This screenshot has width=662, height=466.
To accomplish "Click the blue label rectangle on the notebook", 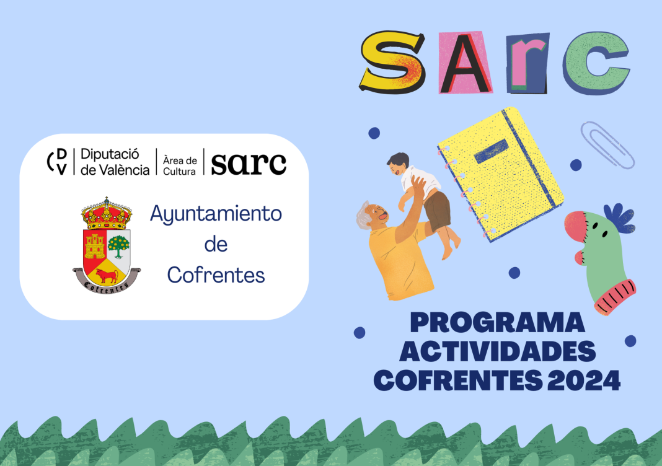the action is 491,151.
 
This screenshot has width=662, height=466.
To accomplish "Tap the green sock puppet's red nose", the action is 575,226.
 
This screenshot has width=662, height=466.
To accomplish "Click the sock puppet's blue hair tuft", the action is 619,218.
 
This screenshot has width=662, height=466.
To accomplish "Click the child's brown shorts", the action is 437,210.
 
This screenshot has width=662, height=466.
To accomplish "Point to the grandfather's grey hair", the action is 363,214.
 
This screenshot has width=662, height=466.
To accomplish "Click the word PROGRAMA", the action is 497,323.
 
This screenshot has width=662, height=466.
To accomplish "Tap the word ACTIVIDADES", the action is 497,351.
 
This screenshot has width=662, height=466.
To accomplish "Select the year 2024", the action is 584,380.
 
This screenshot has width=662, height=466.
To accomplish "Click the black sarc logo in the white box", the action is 249,164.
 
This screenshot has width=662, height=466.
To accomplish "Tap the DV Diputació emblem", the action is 57,161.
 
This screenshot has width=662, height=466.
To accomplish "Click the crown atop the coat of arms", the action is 107,214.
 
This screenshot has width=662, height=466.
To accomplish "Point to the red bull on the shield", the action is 107,276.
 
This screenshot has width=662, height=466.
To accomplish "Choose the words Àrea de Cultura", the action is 180,166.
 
